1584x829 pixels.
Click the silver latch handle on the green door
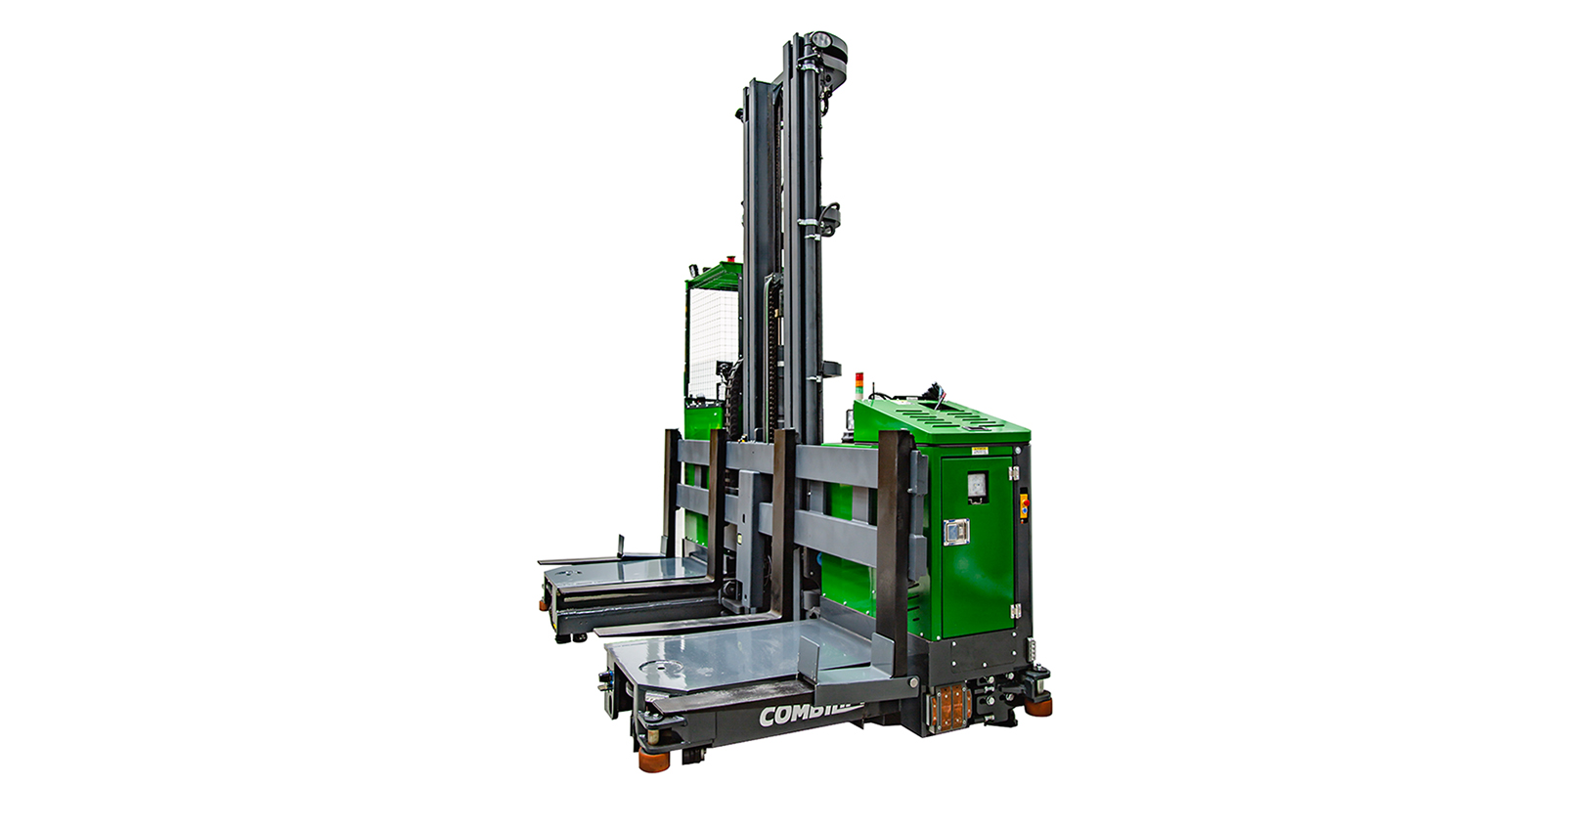point(955,532)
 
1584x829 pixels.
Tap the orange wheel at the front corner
point(654,757)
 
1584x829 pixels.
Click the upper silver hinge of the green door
point(1014,473)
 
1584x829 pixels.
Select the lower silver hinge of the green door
point(1015,611)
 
